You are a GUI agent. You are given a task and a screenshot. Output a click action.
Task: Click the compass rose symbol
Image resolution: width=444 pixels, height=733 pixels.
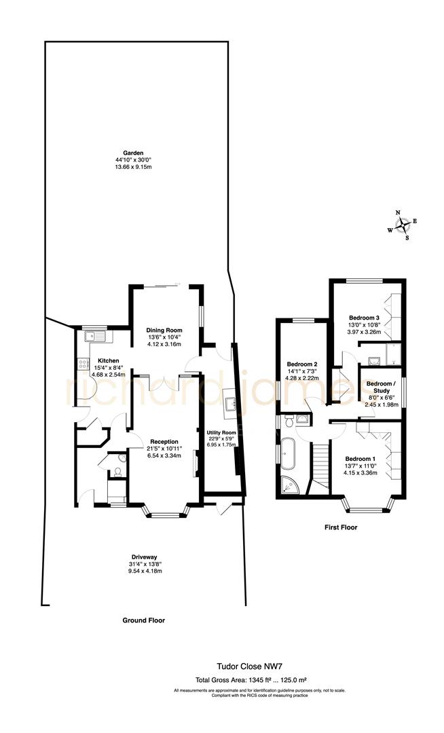click(403, 225)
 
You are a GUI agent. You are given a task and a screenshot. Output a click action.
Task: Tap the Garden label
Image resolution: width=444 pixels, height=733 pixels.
click(132, 153)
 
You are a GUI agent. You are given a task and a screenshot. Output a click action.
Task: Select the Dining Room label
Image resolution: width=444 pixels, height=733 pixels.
click(164, 330)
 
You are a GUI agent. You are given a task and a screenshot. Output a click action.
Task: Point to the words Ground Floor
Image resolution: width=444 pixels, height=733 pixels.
click(143, 620)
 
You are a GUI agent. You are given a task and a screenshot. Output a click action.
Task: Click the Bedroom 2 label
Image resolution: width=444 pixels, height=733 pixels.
click(302, 363)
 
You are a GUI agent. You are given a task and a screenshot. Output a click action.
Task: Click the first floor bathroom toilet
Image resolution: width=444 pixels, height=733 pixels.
click(290, 422)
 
